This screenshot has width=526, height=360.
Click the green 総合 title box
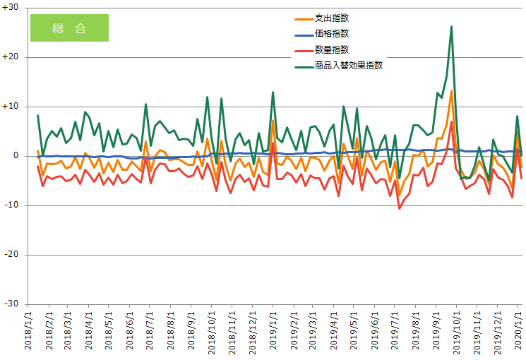69,28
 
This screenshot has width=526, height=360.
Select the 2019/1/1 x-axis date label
273,332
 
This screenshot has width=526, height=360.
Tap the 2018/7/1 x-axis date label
150,332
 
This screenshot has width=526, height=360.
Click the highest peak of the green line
451,27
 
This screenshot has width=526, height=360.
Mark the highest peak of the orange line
451,90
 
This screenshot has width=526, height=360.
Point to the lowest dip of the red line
400,208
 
